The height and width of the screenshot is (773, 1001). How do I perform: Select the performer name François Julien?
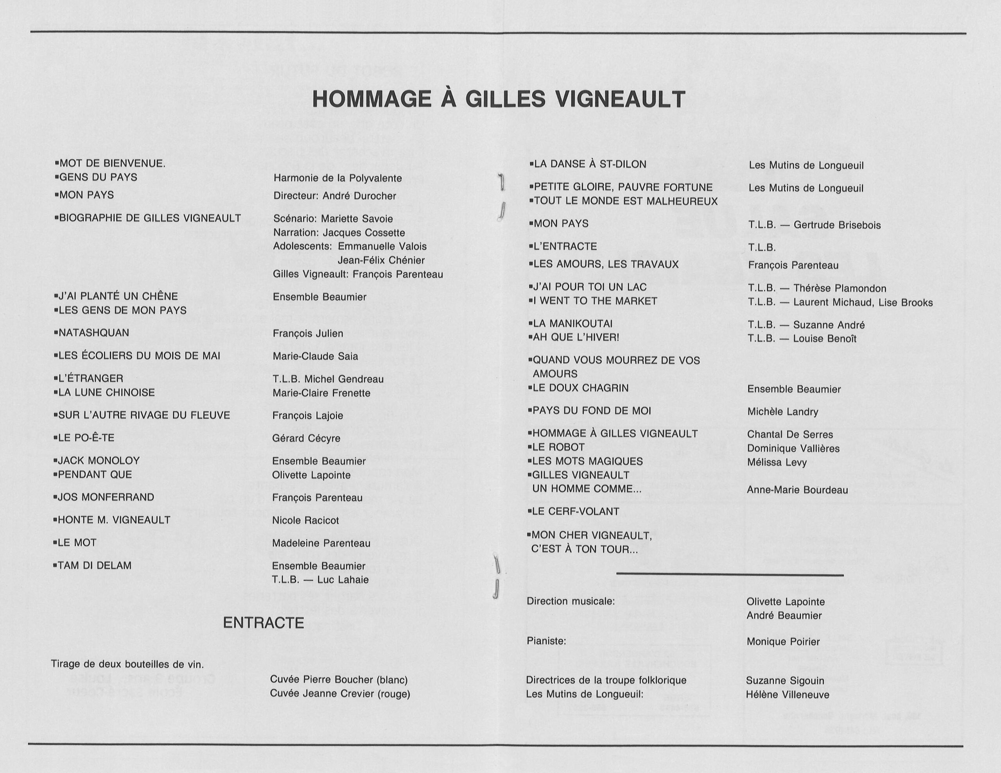(x=308, y=334)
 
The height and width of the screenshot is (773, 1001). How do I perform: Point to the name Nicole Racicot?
(x=305, y=521)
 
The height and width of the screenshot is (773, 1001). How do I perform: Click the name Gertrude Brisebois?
(x=837, y=225)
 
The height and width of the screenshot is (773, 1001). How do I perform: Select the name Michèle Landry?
(x=782, y=412)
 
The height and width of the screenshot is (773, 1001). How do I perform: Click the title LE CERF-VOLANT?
(x=575, y=512)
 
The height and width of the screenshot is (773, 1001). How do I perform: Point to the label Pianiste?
(x=546, y=641)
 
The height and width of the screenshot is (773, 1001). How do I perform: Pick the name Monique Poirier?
(x=783, y=641)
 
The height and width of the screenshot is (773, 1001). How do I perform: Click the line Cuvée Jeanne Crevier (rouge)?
(x=340, y=694)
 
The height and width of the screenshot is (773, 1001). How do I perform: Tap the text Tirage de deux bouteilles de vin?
(x=127, y=664)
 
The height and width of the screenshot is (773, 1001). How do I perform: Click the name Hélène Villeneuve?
(x=788, y=695)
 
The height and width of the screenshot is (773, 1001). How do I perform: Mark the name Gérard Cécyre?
(x=306, y=438)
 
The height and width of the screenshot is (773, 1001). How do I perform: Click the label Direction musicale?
(x=570, y=601)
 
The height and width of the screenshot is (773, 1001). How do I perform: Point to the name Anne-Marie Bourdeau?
(x=797, y=490)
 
